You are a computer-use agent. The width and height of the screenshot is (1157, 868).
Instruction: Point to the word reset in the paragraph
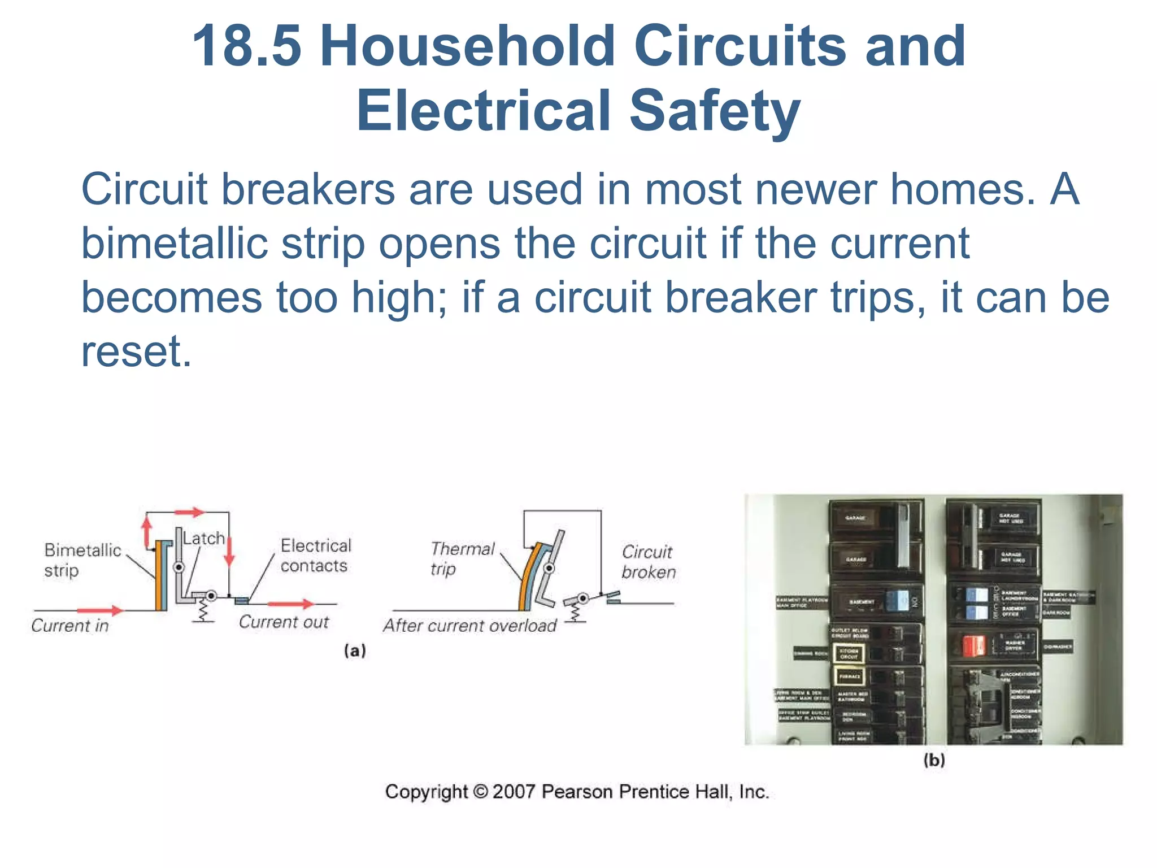pyautogui.click(x=136, y=351)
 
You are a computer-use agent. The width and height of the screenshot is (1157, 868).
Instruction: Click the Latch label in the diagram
pyautogui.click(x=204, y=538)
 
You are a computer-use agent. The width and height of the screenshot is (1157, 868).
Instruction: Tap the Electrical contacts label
pyautogui.click(x=315, y=555)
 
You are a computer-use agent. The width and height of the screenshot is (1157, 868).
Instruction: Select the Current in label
pyautogui.click(x=70, y=626)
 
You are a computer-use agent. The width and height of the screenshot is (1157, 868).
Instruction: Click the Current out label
pyautogui.click(x=284, y=622)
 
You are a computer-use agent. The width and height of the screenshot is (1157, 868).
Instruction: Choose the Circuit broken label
pyautogui.click(x=648, y=562)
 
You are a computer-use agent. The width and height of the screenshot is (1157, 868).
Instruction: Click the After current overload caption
pyautogui.click(x=470, y=626)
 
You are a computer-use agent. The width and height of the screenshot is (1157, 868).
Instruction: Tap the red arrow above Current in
pyautogui.click(x=99, y=610)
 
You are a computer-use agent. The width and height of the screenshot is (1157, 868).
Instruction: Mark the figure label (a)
pyautogui.click(x=355, y=651)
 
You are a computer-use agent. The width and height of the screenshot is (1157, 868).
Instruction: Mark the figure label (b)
pyautogui.click(x=934, y=760)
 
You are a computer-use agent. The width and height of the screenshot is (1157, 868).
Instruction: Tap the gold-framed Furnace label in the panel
pyautogui.click(x=849, y=676)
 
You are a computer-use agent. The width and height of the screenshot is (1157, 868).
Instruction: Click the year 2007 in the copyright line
pyautogui.click(x=513, y=792)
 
